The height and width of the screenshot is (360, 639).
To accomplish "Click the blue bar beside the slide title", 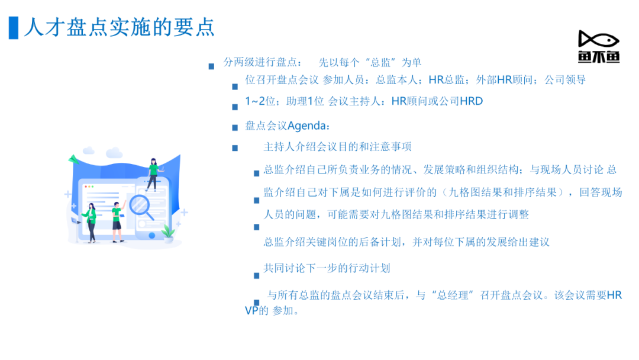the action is [14, 28].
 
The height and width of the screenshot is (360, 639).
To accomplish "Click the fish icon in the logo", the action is [599, 40].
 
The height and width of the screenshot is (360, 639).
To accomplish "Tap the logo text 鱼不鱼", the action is [599, 57].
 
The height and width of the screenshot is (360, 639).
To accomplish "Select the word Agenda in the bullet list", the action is [306, 126].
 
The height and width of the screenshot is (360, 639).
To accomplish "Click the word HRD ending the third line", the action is [472, 101].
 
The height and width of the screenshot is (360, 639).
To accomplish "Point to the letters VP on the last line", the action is [251, 311].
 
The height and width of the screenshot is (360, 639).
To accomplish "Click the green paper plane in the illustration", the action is [73, 159].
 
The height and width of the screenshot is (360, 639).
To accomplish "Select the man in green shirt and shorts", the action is [118, 222].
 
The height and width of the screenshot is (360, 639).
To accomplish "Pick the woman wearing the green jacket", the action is [91, 223].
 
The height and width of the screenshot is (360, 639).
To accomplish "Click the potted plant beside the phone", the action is [168, 234].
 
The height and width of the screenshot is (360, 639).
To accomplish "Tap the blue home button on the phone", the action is [152, 235].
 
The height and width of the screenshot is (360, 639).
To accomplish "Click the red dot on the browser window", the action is [85, 187].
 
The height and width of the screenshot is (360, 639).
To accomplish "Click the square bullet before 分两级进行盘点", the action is [211, 66].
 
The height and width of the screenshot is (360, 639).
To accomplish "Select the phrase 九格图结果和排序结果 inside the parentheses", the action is [503, 192].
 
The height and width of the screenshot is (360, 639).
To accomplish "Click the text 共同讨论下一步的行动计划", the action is [327, 268].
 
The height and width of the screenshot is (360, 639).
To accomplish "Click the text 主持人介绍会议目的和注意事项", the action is [337, 147].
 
